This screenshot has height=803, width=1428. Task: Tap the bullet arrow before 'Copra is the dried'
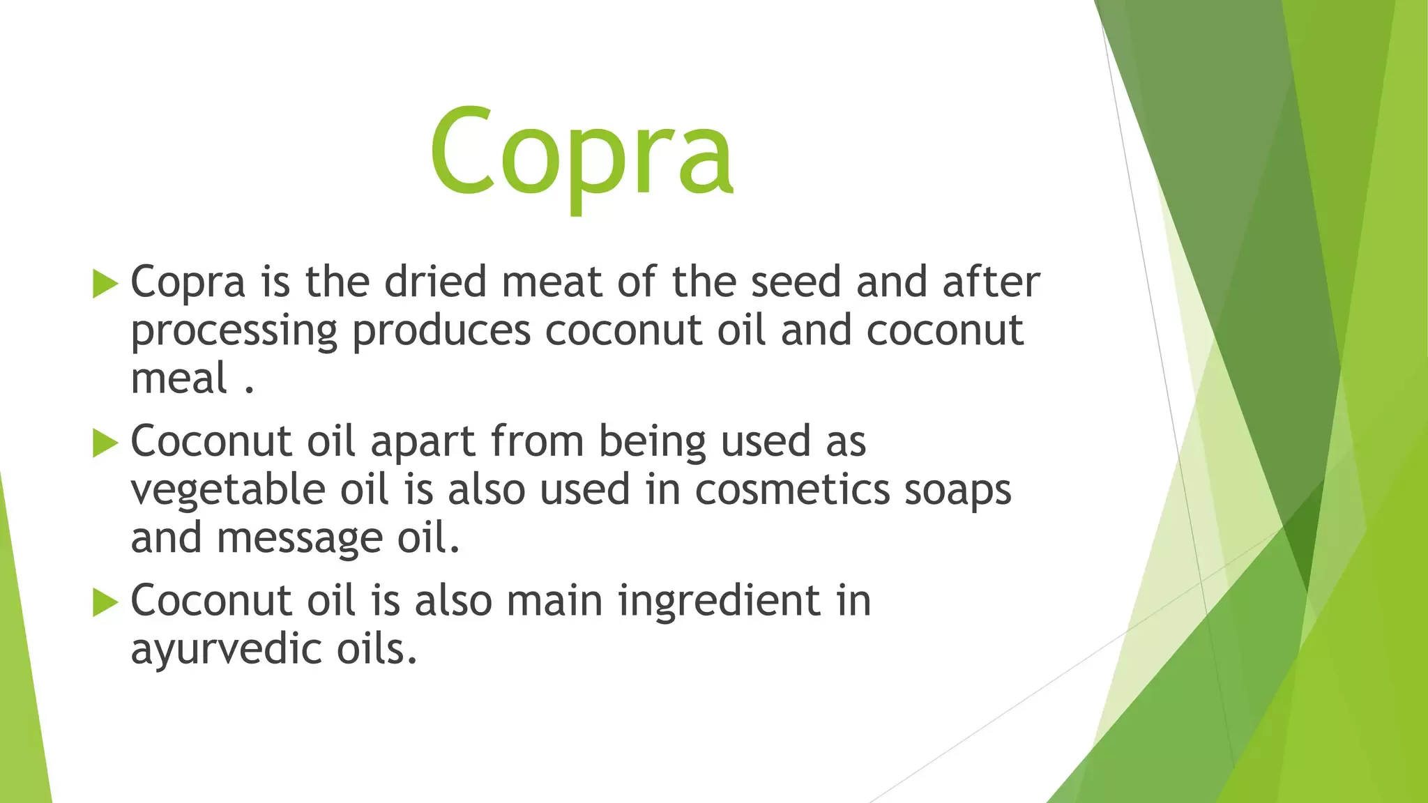pos(105,284)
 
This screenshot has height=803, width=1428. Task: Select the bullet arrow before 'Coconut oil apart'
pos(105,443)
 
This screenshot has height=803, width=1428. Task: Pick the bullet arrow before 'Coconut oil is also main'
pos(105,602)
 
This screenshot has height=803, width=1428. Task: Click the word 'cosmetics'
pos(793,489)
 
